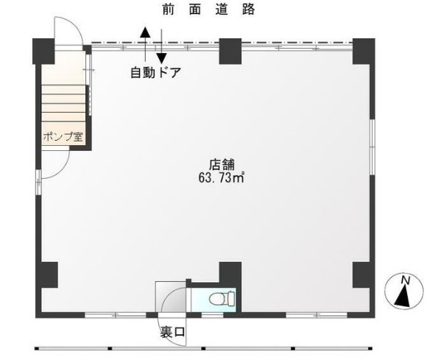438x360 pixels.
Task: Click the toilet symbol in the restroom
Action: pos(222,298)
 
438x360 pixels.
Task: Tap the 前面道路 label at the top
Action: pos(208,10)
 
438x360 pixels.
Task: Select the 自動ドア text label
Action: pos(156,73)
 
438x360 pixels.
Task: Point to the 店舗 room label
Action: pos(222,164)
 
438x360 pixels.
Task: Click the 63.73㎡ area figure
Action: pos(222,177)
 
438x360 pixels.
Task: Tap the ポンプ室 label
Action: pos(63,137)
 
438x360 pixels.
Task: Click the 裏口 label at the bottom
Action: pos(172,332)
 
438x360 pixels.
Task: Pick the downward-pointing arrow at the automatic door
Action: pos(161,46)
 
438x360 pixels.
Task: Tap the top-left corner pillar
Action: pos(43,52)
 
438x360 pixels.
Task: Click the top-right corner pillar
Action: pos(364,52)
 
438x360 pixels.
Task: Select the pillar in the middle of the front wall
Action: pos(230,52)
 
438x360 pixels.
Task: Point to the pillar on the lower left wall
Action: pos(47,275)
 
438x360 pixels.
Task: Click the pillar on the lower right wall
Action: pos(364,275)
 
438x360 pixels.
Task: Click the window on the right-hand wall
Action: pos(372,147)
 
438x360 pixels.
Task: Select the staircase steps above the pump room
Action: pos(63,103)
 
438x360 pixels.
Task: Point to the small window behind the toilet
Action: pos(212,315)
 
